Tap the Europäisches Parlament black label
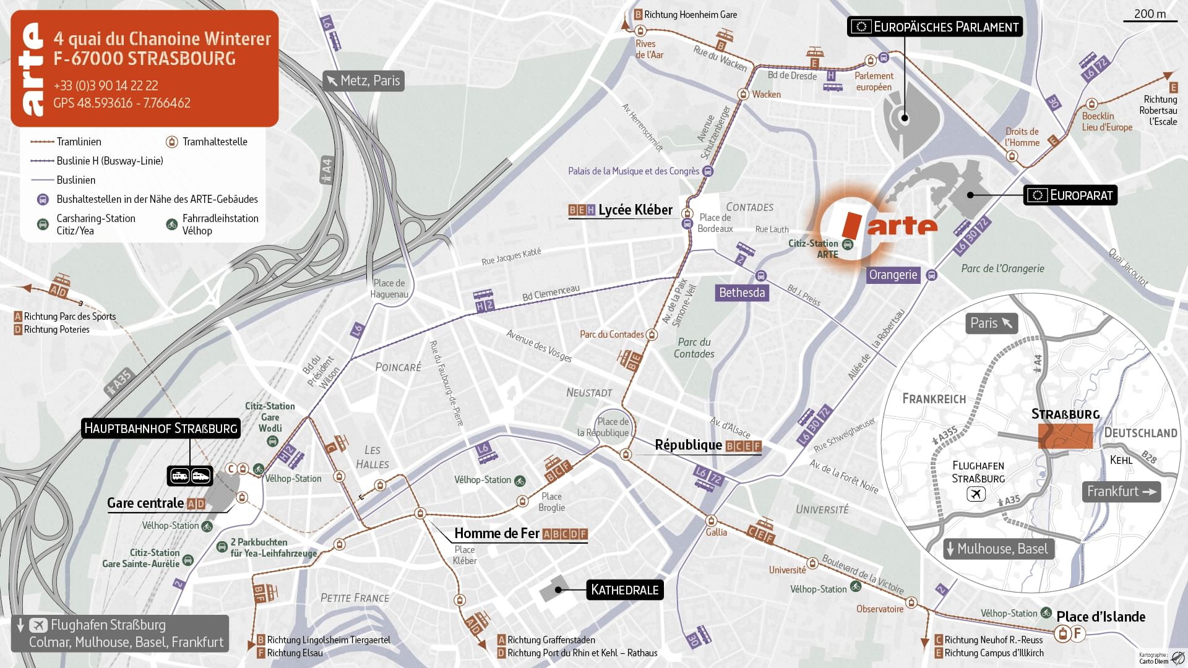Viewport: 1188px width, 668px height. coord(934,27)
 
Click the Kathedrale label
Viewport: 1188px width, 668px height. coord(624,590)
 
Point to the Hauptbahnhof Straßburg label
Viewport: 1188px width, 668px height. coord(161,429)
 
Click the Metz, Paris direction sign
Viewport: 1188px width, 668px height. coord(364,81)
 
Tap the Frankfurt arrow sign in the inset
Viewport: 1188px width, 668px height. coord(1121,492)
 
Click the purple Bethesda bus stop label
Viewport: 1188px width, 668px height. coord(742,293)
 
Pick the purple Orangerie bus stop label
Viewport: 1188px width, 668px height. coord(893,275)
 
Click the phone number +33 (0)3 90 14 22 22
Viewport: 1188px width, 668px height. coord(105,85)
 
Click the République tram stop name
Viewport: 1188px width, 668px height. coord(688,445)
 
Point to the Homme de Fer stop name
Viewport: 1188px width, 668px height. coord(497,534)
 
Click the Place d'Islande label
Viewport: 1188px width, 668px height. coord(1100,617)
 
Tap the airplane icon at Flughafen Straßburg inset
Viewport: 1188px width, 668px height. coord(976,494)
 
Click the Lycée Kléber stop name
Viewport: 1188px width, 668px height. coord(635,210)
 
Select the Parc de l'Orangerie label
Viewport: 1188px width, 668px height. coord(1002,268)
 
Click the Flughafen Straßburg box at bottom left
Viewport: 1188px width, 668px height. coord(120,633)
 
